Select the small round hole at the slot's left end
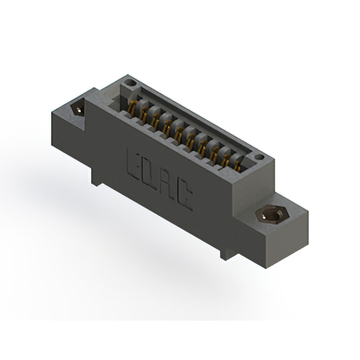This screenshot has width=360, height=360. [x=131, y=84]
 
